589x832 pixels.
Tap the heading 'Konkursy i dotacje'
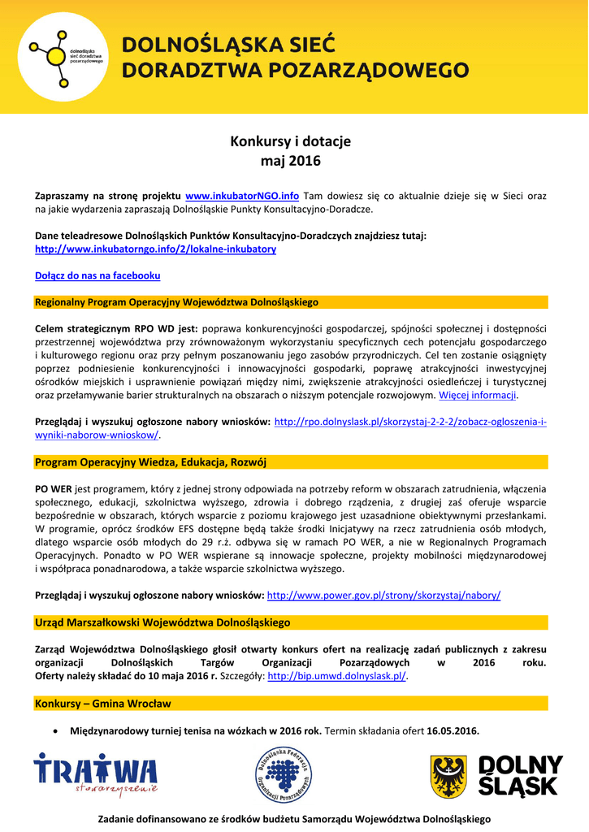pyautogui.click(x=290, y=141)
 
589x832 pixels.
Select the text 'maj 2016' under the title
pyautogui.click(x=290, y=161)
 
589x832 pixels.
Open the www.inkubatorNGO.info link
pyautogui.click(x=242, y=196)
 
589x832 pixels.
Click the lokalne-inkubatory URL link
pyautogui.click(x=155, y=249)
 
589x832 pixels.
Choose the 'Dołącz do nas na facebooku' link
pyautogui.click(x=97, y=275)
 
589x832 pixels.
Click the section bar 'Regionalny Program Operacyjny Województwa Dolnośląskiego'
pyautogui.click(x=176, y=302)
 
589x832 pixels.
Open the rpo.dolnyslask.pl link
pyautogui.click(x=410, y=422)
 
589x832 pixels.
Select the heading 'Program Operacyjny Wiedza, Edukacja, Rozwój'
pyautogui.click(x=150, y=462)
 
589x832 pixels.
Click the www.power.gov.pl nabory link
pyautogui.click(x=383, y=595)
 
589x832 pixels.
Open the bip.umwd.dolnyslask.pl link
pyautogui.click(x=336, y=676)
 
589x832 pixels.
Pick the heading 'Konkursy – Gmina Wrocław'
pyautogui.click(x=103, y=703)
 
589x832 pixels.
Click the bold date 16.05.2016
pyautogui.click(x=453, y=730)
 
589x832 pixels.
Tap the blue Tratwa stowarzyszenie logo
pyautogui.click(x=95, y=774)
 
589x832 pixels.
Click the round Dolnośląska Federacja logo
pyautogui.click(x=283, y=774)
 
